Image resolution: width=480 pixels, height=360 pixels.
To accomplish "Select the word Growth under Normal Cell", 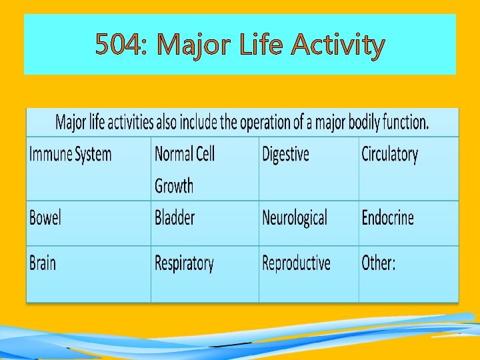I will pyautogui.click(x=174, y=186).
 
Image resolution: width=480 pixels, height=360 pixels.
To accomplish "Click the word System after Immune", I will pyautogui.click(x=93, y=155).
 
